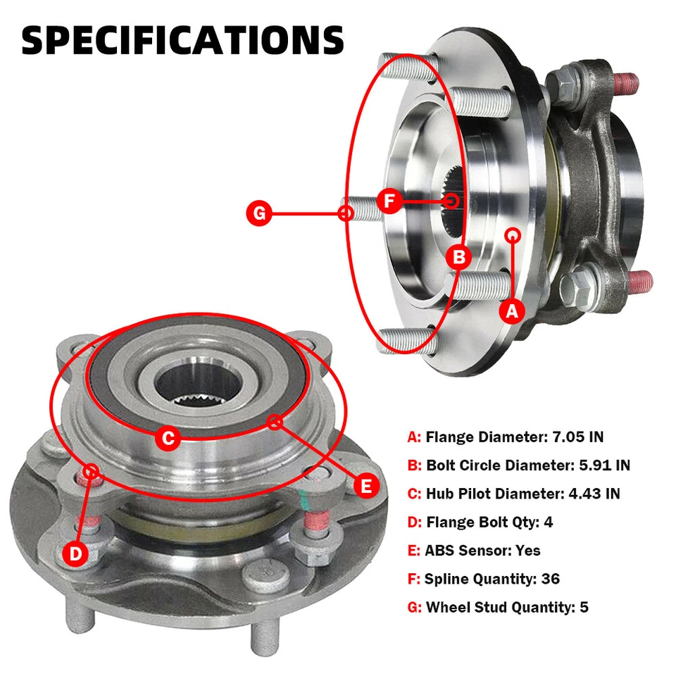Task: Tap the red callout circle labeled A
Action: [512, 311]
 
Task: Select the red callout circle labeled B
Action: [459, 257]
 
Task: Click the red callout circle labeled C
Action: [168, 439]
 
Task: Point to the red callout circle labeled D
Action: [76, 554]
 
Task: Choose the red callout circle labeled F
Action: [389, 201]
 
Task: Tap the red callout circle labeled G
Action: [260, 213]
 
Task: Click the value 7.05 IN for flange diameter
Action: [576, 437]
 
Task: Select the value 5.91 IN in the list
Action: [602, 465]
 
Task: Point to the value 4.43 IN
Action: [594, 494]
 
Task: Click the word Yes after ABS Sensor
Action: [527, 550]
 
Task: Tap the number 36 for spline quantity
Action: [551, 579]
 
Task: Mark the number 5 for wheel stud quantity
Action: [584, 607]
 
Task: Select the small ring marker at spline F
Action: [452, 201]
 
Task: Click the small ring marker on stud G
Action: [346, 213]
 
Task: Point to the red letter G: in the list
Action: [415, 607]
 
